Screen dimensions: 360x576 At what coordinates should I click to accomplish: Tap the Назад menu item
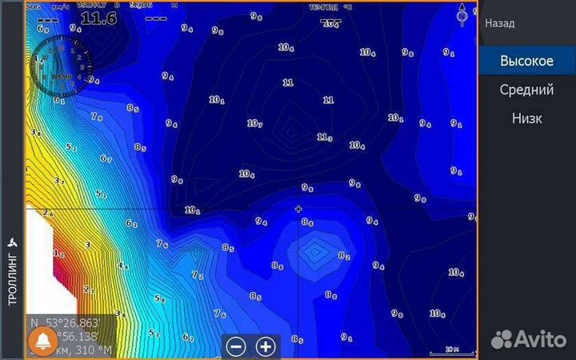[499, 24]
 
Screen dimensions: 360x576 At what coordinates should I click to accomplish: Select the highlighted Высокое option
[526, 61]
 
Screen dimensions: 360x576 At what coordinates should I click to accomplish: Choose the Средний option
[526, 90]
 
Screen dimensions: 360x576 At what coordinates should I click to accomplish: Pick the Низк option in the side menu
[526, 118]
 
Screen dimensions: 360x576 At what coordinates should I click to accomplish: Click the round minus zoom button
[236, 346]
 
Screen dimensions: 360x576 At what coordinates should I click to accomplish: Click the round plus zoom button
[266, 346]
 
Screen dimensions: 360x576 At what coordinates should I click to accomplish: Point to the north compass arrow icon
[462, 14]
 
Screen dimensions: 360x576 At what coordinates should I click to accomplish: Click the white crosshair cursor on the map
[298, 210]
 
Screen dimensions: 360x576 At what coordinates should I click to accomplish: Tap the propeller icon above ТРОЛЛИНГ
[12, 242]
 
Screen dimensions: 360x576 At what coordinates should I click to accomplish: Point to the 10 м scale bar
[452, 350]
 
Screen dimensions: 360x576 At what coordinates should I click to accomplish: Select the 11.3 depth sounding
[324, 138]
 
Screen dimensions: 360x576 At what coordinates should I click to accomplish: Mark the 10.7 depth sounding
[254, 123]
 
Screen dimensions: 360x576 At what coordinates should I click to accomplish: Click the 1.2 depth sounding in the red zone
[58, 254]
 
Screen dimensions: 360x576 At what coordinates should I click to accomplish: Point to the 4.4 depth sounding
[122, 266]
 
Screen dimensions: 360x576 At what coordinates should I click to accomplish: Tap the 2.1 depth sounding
[88, 290]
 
